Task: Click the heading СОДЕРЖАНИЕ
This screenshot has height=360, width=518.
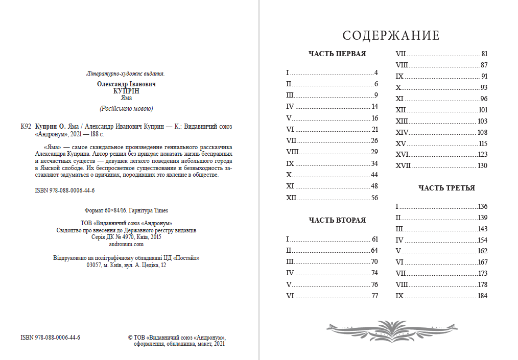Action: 391,36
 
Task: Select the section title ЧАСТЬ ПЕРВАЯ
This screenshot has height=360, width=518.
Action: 337,54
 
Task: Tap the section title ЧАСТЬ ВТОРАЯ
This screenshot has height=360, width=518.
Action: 337,220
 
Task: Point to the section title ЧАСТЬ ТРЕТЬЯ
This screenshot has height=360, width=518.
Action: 446,188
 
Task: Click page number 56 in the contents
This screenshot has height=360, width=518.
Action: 374,198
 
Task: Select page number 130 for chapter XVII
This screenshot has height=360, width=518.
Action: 482,165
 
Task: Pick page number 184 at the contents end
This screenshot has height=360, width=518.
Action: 482,296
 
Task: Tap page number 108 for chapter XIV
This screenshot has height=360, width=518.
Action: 482,132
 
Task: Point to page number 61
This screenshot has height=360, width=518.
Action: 374,239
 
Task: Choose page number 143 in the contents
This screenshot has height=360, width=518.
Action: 482,229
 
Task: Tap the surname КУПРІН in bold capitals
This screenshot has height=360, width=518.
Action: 126,90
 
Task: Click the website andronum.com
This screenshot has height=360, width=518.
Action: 126,244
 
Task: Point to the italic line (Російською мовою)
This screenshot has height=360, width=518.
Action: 126,108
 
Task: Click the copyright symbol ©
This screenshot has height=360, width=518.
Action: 130,338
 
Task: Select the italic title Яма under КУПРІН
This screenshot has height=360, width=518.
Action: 126,98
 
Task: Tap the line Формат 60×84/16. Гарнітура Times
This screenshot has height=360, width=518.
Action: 126,210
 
